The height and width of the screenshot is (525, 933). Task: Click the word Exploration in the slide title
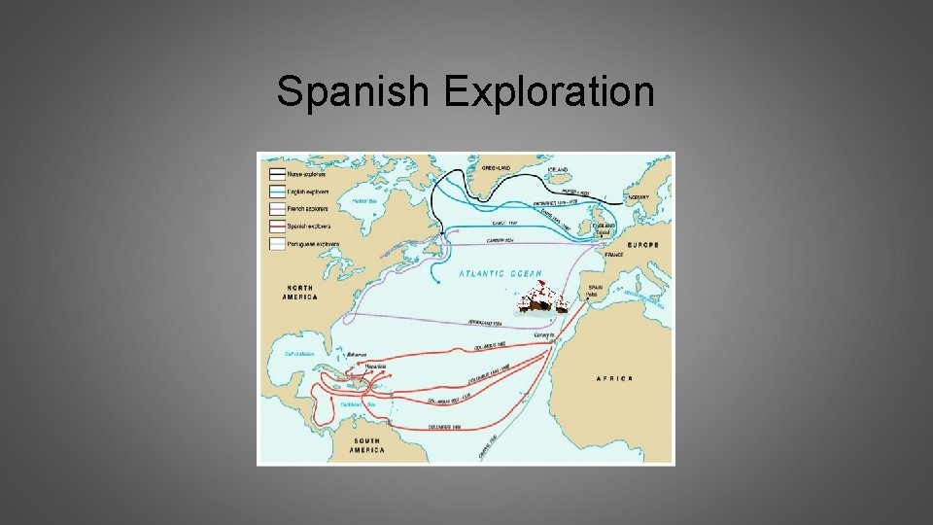[x=549, y=92]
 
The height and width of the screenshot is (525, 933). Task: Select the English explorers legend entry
[x=305, y=191]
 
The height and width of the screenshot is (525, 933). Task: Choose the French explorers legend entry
[x=304, y=207]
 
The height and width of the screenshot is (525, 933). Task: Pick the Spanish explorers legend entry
[x=305, y=224]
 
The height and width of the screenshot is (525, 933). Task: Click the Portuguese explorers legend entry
[x=310, y=240]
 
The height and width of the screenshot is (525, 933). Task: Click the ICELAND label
[x=558, y=168]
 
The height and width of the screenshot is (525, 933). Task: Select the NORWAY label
[x=638, y=197]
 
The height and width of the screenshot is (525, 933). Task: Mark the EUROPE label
[x=642, y=245]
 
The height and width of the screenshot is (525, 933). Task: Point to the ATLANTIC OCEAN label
[x=501, y=274]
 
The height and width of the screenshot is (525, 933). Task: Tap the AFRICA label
[x=614, y=378]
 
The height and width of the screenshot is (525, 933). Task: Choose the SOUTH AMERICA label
[x=367, y=445]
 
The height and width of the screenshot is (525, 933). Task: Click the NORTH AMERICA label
[x=300, y=292]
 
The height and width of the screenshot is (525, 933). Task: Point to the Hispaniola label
[x=375, y=366]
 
